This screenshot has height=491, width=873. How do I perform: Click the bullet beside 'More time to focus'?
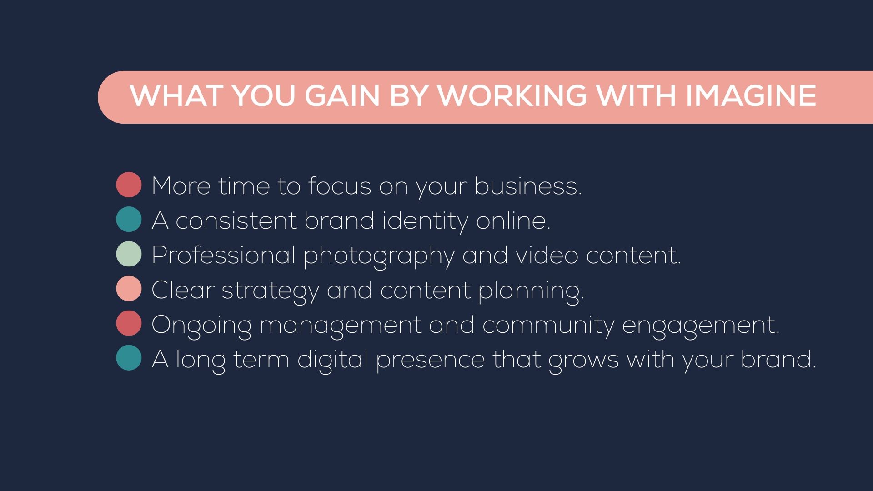pos(129,185)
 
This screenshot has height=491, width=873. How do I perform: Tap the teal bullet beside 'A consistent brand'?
pos(129,219)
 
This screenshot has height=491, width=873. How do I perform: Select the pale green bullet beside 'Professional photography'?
pos(129,254)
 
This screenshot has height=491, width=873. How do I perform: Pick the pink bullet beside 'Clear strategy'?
pos(129,288)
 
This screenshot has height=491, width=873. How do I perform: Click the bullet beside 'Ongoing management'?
pos(129,323)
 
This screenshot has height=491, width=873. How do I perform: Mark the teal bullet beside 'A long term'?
pos(129,358)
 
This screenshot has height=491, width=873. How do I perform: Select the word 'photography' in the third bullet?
pos(379,256)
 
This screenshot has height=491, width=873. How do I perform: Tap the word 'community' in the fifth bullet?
pos(548,326)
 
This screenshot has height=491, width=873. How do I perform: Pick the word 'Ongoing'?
pos(201,326)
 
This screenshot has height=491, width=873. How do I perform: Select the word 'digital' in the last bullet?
pos(332,361)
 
